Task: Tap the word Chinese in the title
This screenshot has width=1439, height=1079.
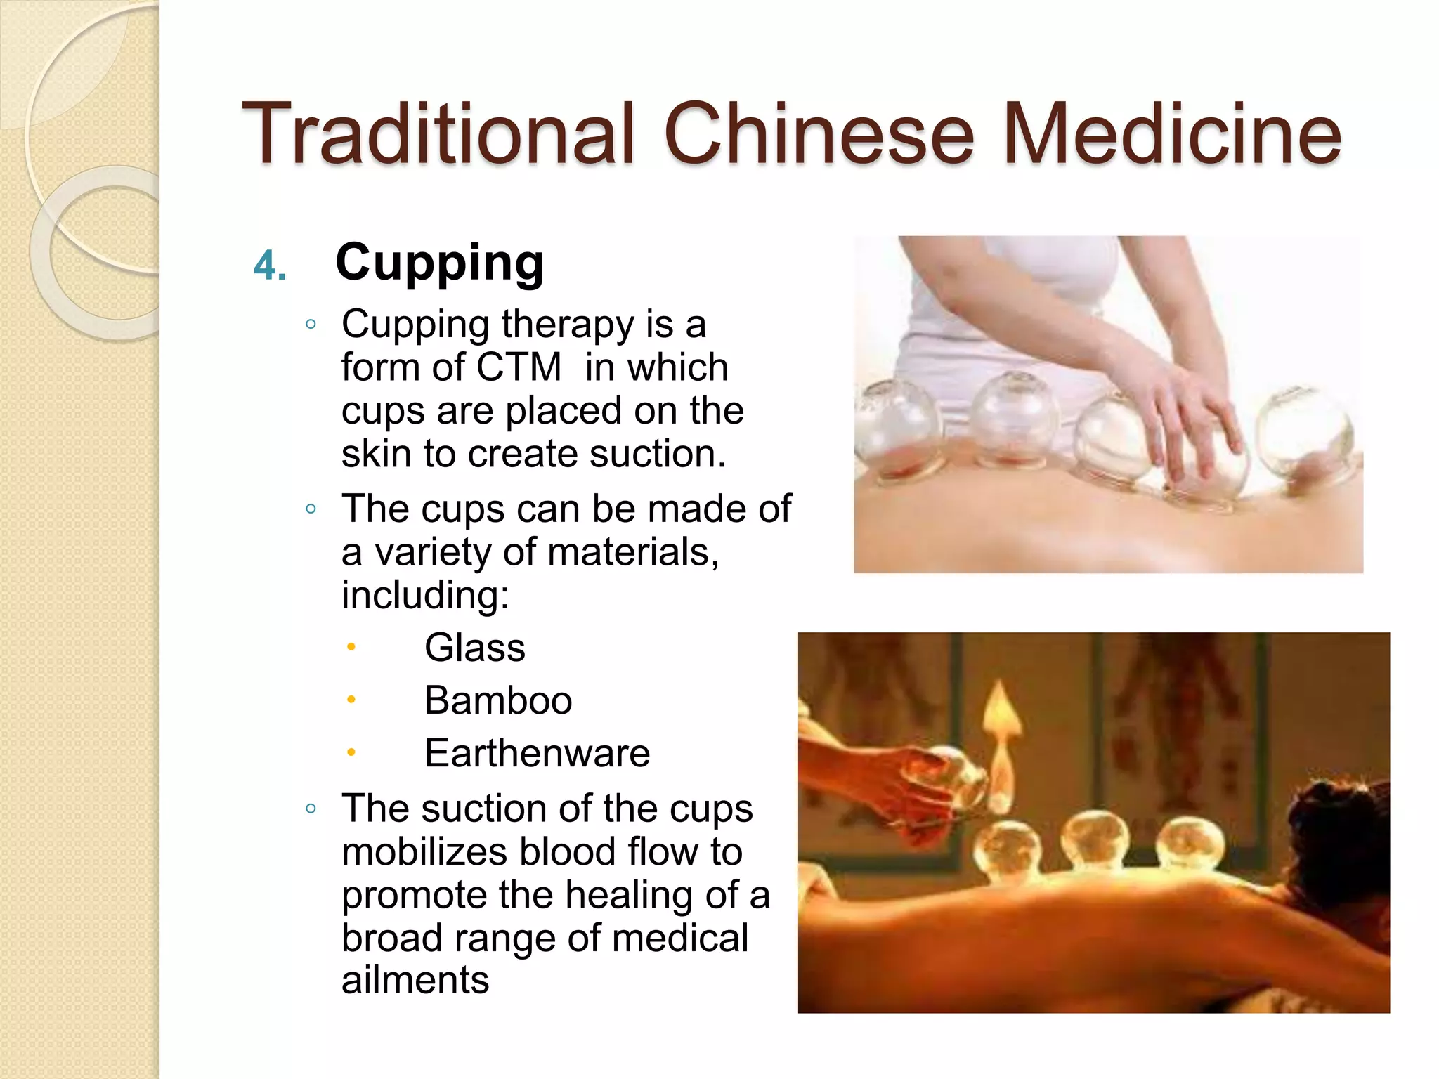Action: (819, 133)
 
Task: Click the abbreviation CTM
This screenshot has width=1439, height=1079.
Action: (519, 367)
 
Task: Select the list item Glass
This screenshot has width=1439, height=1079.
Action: (474, 647)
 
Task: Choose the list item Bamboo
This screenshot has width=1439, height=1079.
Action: (497, 700)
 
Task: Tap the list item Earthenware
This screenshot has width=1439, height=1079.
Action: (537, 753)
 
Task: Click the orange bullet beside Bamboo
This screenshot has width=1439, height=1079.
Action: (351, 700)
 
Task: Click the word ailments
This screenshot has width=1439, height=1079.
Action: (415, 980)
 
